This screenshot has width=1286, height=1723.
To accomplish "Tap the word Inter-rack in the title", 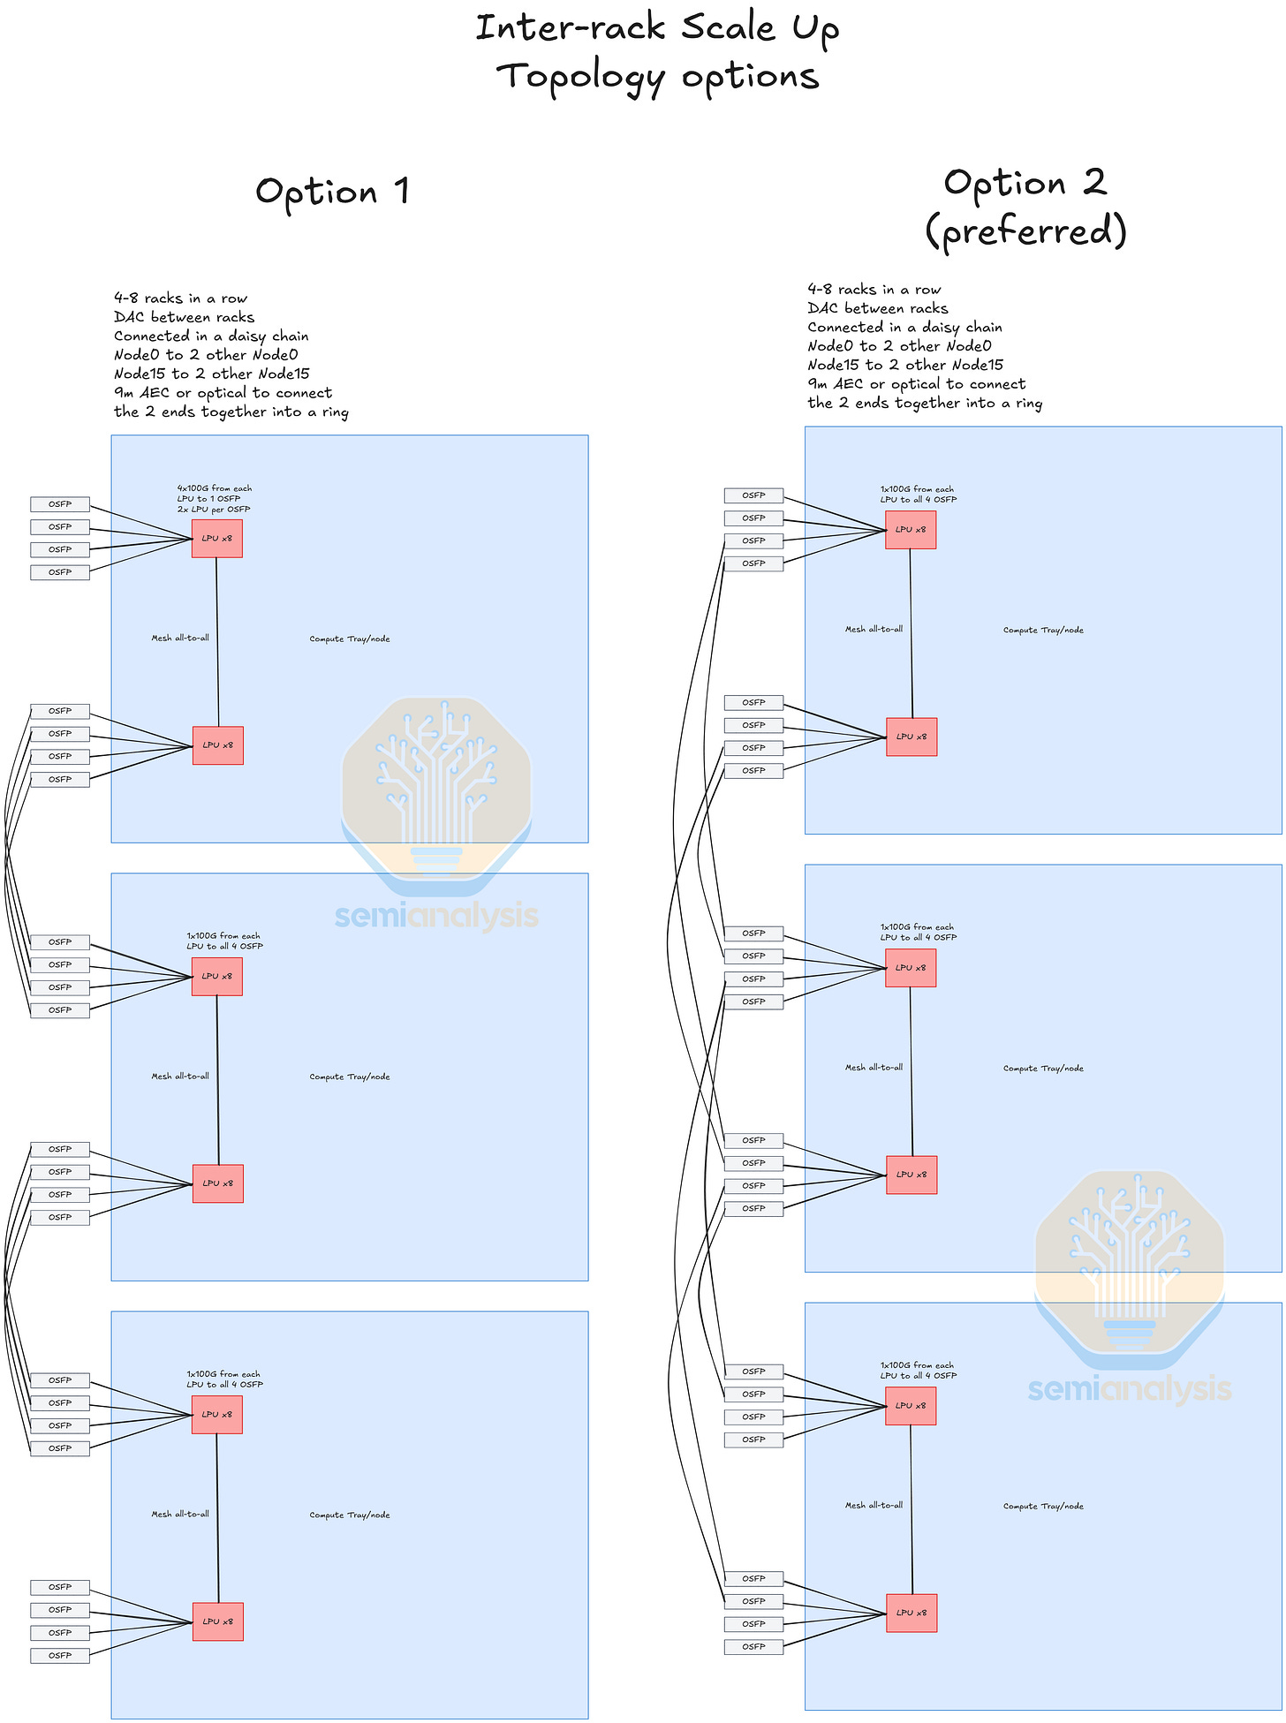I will tap(570, 28).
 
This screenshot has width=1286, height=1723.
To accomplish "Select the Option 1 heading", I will tap(332, 192).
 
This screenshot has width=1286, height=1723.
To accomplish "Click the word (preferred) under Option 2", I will tap(1025, 231).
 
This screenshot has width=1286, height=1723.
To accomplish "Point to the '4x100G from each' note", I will tap(214, 488).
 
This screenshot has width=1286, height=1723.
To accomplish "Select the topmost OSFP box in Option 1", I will tap(60, 504).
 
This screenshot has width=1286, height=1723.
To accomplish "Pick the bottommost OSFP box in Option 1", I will tap(60, 1655).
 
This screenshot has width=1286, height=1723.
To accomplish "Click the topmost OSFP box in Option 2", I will tap(753, 495).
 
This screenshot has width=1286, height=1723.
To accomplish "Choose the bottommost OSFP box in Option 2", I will tap(753, 1646).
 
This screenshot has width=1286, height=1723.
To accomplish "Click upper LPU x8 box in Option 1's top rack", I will tap(217, 539).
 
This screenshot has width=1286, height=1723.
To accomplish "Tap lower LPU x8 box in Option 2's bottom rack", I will tap(912, 1613).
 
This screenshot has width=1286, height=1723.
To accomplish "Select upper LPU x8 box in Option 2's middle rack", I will tap(911, 968).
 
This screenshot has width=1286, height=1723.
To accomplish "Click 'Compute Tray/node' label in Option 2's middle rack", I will tap(1043, 1069).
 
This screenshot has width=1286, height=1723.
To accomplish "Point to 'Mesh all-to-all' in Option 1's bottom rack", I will tap(180, 1515).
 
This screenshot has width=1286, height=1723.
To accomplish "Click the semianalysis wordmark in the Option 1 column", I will tap(436, 916).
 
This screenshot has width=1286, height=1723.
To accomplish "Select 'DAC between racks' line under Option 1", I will tap(184, 317).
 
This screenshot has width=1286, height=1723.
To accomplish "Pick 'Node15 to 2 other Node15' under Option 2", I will tap(905, 365).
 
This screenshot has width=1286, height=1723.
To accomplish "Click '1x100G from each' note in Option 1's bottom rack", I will tap(223, 1374).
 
